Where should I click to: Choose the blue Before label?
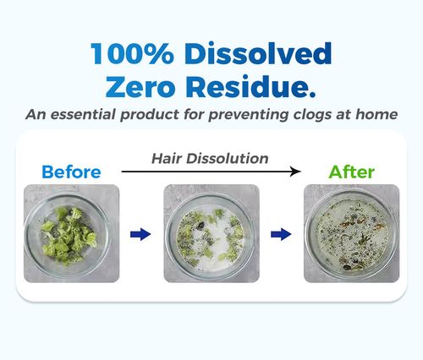[x=71, y=172]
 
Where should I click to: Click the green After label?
[x=352, y=172]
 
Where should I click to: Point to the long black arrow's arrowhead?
[x=295, y=172]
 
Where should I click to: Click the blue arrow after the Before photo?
[x=139, y=233]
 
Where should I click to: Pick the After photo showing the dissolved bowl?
[x=351, y=233]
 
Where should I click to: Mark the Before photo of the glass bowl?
[x=71, y=233]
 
